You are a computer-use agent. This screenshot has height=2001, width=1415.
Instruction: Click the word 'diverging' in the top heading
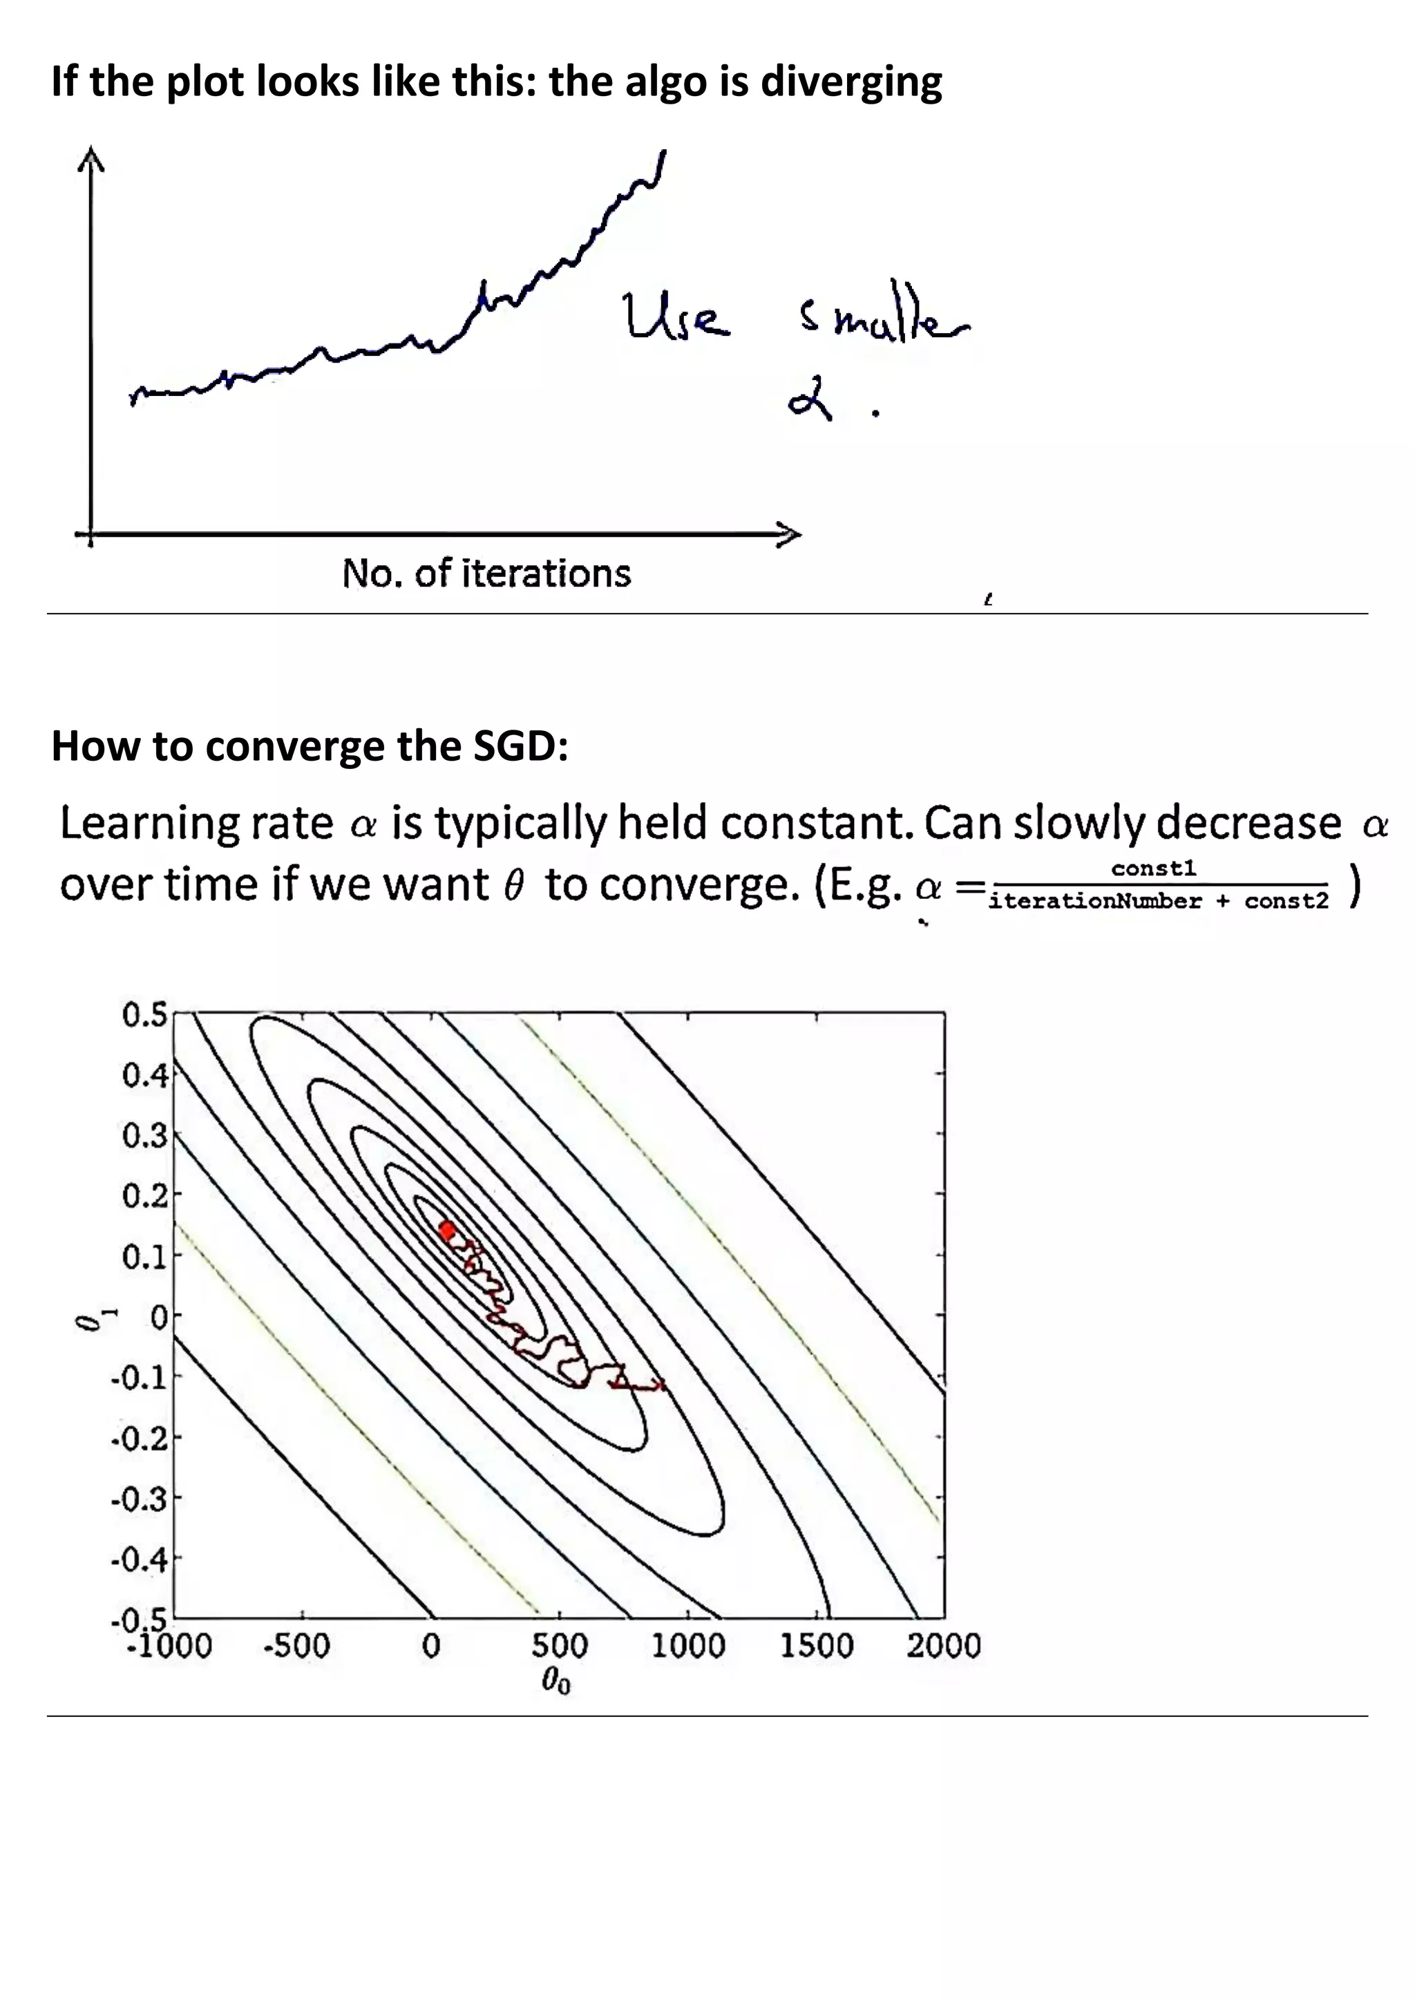pos(851,83)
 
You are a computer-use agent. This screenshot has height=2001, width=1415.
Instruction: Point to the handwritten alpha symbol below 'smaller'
pos(810,404)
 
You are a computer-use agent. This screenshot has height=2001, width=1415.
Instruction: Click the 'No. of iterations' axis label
pos(486,574)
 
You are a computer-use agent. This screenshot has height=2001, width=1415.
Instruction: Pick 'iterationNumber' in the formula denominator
pos(1095,901)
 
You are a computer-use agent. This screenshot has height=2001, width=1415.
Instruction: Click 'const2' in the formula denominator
pos(1286,901)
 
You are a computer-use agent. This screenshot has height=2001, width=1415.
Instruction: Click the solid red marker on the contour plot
pos(448,1231)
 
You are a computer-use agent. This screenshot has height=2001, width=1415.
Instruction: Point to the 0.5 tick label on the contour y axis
pos(144,1015)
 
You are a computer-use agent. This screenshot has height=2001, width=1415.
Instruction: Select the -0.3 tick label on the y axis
pos(140,1499)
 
